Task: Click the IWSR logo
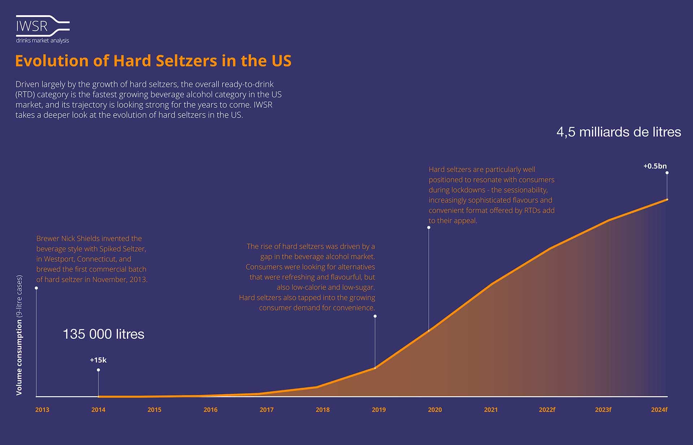pyautogui.click(x=43, y=29)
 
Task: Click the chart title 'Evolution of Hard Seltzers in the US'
pyautogui.click(x=153, y=61)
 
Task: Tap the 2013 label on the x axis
pyautogui.click(x=42, y=410)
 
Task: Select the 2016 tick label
pyautogui.click(x=210, y=410)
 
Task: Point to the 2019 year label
pyautogui.click(x=379, y=410)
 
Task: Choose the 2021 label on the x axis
pyautogui.click(x=491, y=410)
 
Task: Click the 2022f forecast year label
pyautogui.click(x=547, y=410)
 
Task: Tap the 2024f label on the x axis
pyautogui.click(x=659, y=410)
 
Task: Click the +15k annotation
pyautogui.click(x=98, y=360)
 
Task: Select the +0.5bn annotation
pyautogui.click(x=655, y=166)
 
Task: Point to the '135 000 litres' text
pyautogui.click(x=104, y=334)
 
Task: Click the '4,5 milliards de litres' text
pyautogui.click(x=619, y=132)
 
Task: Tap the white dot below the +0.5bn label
pyautogui.click(x=667, y=173)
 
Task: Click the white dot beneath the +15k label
pyautogui.click(x=98, y=370)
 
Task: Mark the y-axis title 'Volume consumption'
pyautogui.click(x=19, y=357)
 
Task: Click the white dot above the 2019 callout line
pyautogui.click(x=375, y=316)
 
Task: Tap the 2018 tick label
pyautogui.click(x=323, y=410)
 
